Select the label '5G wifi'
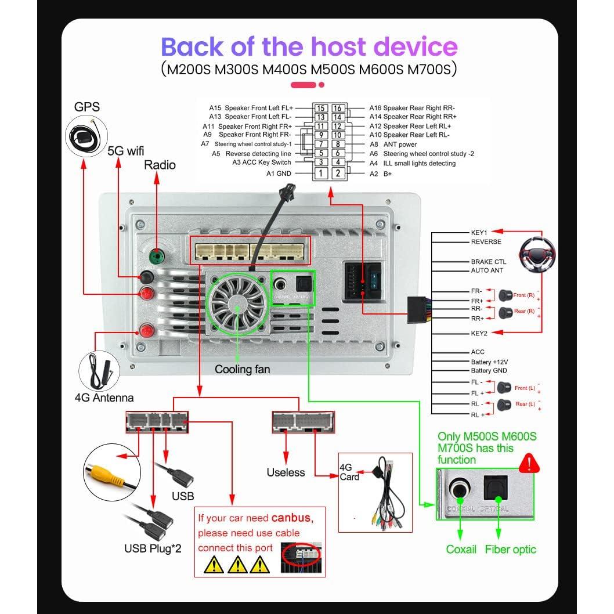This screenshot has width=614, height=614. (x=125, y=151)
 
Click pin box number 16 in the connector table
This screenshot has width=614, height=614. (x=338, y=108)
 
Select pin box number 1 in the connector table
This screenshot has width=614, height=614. (x=320, y=173)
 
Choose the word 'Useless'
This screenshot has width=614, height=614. (x=286, y=472)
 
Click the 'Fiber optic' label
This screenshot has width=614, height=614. (x=510, y=549)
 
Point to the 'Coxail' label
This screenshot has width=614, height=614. (x=461, y=549)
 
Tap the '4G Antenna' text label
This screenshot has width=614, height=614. (x=104, y=398)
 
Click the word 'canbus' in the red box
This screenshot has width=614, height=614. (x=290, y=518)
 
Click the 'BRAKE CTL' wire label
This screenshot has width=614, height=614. (x=488, y=262)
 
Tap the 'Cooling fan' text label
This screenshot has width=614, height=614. (x=242, y=369)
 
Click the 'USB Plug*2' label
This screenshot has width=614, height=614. (x=153, y=547)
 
